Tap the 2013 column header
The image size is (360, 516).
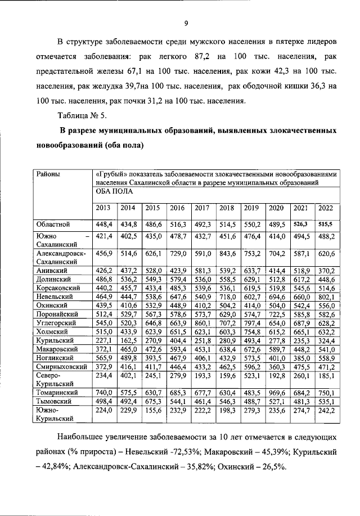tap(103, 208)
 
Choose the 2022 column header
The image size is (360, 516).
tap(326, 208)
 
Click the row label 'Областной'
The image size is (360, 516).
tap(53, 224)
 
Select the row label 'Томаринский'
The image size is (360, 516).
tap(58, 392)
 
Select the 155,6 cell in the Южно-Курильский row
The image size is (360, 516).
tap(152, 411)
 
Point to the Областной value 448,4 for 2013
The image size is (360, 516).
tap(104, 224)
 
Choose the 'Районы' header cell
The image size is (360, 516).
tap(49, 174)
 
